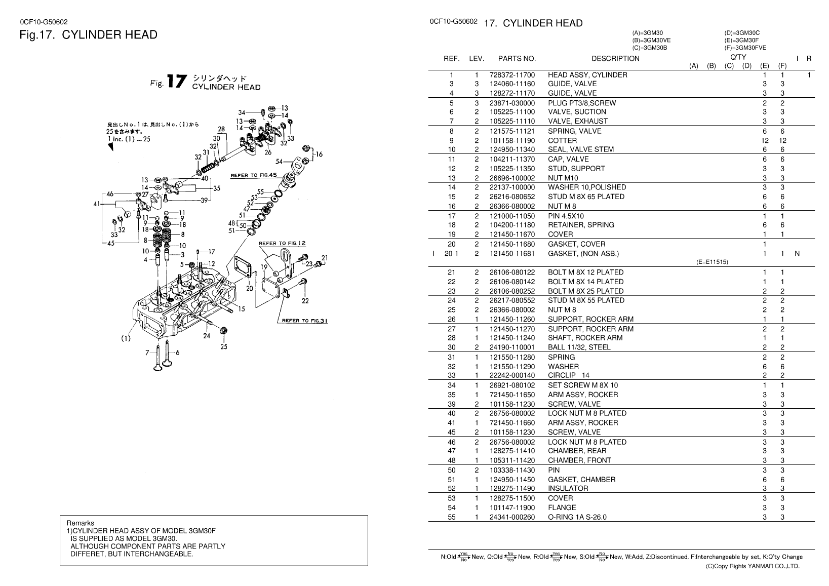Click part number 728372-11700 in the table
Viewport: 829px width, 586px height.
512,75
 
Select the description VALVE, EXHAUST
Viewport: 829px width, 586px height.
578,121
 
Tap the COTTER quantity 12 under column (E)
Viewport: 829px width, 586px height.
765,141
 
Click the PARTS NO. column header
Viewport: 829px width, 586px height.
517,58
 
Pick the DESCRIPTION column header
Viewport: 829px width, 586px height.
615,58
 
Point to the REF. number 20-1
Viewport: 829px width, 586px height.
451,254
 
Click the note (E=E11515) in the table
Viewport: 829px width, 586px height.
712,262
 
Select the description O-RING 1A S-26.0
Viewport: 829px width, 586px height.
577,517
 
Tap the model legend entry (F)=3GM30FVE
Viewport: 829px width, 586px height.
745,48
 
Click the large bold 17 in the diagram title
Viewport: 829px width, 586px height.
177,82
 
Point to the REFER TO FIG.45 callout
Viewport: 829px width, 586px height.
254,175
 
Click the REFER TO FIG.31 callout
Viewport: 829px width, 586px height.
304,321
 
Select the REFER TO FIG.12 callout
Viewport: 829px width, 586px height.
282,243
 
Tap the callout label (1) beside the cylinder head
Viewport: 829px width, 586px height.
126,338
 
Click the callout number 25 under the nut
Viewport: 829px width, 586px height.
223,347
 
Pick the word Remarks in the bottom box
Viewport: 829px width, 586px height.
81,523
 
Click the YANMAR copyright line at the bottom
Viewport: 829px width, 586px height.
753,566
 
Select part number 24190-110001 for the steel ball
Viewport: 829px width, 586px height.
512,347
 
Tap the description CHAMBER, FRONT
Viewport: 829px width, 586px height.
579,460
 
